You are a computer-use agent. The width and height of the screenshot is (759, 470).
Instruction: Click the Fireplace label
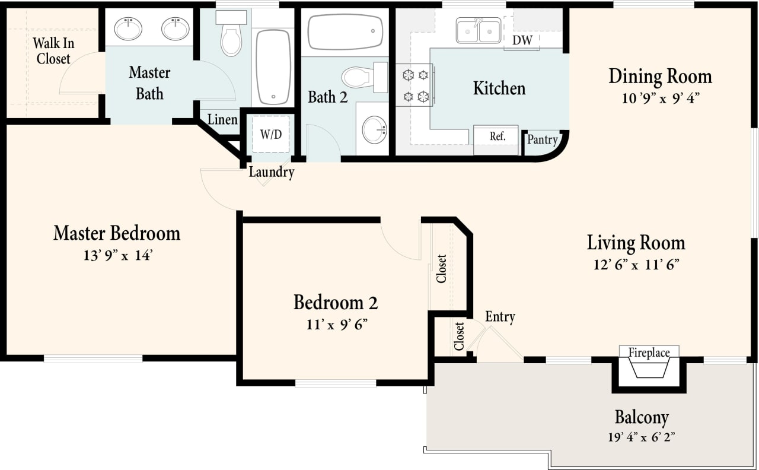pos(649,353)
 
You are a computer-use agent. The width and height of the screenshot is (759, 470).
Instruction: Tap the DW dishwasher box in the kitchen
pos(522,40)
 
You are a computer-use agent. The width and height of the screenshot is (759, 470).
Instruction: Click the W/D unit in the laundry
pos(271,134)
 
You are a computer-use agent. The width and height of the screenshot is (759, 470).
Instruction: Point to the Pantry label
pos(542,140)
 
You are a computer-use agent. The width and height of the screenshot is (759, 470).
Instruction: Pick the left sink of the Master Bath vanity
pos(128,28)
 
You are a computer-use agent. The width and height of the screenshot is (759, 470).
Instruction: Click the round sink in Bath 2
pos(374,129)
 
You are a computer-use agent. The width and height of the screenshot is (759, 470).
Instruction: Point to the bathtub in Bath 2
pos(345,31)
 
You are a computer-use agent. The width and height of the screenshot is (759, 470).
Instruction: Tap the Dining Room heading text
pos(660,77)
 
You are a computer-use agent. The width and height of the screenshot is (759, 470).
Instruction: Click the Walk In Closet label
pos(53,51)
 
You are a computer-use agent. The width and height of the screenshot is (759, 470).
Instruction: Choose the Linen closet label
pos(222,120)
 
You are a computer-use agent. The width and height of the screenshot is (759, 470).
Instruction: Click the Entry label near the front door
pos(500,317)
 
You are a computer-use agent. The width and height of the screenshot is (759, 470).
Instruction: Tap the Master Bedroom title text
pos(117,233)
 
